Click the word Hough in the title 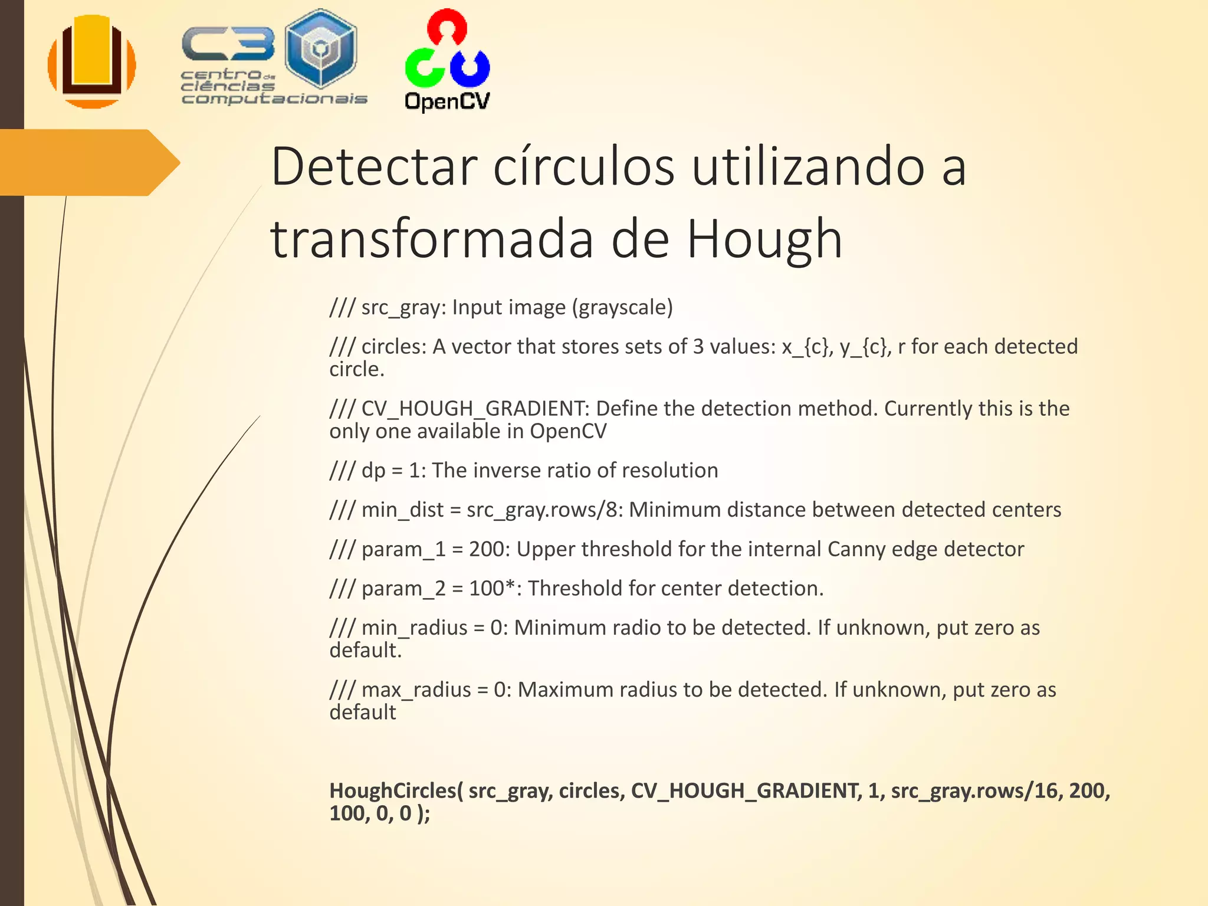[764, 239]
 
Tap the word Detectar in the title [373, 167]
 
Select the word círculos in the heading [583, 167]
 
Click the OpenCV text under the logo [447, 101]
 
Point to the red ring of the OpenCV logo [447, 27]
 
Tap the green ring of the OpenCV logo [424, 66]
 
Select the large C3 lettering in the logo [228, 44]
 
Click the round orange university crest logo [92, 62]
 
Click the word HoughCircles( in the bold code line [396, 790]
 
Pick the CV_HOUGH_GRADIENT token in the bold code [746, 790]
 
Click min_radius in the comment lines [414, 628]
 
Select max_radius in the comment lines [416, 690]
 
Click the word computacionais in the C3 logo [274, 99]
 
